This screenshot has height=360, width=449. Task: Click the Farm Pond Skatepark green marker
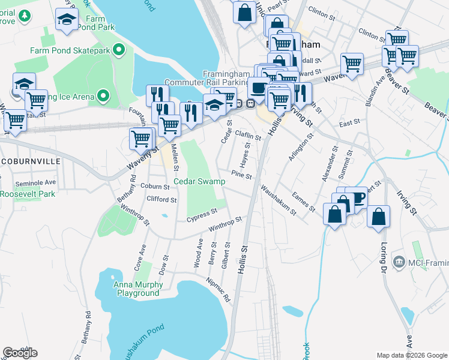pos(119,50)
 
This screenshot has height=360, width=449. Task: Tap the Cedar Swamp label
pos(199,181)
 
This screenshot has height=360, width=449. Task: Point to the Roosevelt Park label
pos(27,194)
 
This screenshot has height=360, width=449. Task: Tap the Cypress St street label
pos(202,214)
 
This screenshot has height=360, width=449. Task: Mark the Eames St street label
pos(303,201)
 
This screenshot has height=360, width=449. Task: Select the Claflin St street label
pos(248,136)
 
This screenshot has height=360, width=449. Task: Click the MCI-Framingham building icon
pos(398,262)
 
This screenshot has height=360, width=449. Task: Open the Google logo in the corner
pos(20,353)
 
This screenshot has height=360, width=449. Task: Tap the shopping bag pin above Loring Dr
pos(378,218)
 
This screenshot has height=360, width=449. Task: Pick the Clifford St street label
pos(161,199)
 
